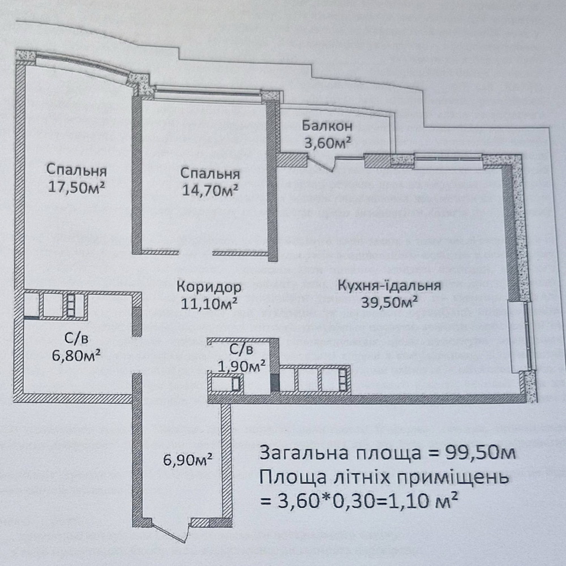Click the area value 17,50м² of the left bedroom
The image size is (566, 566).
76,187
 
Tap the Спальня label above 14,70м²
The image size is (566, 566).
210,174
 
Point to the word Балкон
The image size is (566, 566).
327,126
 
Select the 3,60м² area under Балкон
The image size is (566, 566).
327,143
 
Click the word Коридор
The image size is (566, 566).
209,288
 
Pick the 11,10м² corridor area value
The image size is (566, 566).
209,304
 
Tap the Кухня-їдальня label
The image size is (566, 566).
389,285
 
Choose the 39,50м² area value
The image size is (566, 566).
389,302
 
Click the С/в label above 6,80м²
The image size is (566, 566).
76,338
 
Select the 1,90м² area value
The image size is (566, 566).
242,366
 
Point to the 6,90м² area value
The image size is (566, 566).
187,460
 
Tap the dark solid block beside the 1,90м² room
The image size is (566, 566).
275,383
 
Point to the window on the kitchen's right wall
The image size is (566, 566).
521,336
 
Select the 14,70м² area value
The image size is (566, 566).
210,190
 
